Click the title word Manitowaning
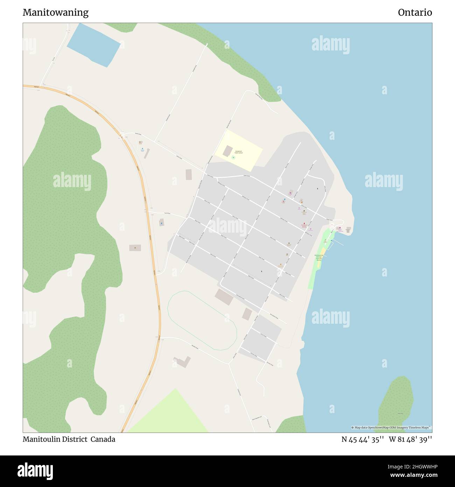tap(55, 13)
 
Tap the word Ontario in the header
tap(415, 13)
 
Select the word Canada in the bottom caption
tap(103, 439)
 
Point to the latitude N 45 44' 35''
tap(363, 439)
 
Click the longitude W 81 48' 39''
tap(410, 439)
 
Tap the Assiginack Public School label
tap(239, 152)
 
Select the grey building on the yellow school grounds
tap(227, 151)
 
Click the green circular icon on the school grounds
tap(233, 158)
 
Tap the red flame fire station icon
tap(304, 223)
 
